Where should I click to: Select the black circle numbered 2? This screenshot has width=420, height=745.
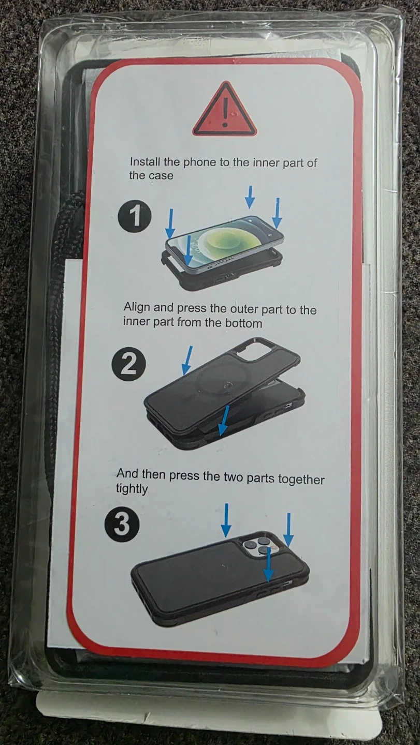(129, 366)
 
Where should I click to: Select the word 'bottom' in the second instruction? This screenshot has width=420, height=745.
(243, 324)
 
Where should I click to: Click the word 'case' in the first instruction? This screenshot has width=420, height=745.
(161, 175)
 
